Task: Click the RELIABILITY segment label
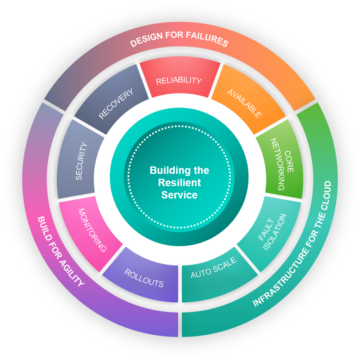click(x=179, y=81)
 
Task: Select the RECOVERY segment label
click(x=116, y=104)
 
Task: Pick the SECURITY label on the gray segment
click(x=81, y=161)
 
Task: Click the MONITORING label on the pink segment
click(x=92, y=230)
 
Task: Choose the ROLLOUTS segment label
click(x=144, y=278)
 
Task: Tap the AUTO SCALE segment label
click(x=214, y=268)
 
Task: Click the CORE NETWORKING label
click(x=283, y=164)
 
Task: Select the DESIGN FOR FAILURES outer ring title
click(x=179, y=40)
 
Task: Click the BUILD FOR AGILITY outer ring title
click(x=60, y=252)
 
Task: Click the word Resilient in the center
click(x=179, y=182)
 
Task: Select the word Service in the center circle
click(x=179, y=195)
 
